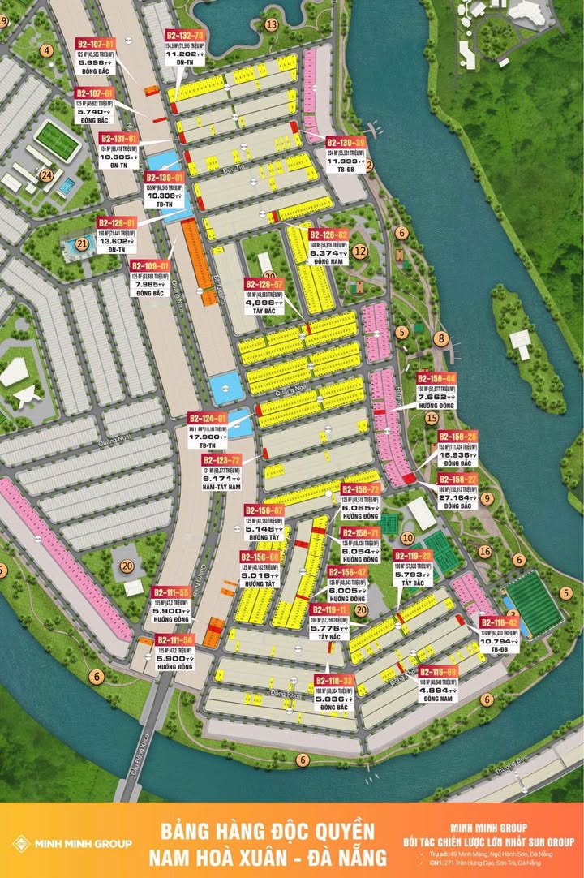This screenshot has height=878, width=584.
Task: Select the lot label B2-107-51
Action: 96,42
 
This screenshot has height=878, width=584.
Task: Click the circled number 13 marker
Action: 271,24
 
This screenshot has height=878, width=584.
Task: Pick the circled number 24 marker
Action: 47,175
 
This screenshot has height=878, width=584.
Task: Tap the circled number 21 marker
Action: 81,243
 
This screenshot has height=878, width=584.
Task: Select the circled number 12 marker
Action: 360,251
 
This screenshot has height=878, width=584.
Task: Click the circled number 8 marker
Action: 441,338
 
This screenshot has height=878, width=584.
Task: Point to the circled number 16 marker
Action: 485,552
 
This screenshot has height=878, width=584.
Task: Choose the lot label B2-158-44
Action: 436,379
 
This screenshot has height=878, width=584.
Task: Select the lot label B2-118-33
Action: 334,680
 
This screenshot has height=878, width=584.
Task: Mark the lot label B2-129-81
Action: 117,222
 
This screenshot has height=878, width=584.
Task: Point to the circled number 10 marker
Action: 408,538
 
